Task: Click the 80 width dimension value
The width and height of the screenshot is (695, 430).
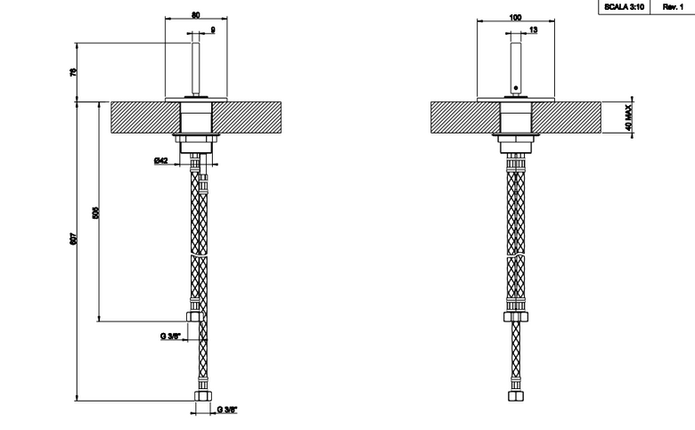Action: tap(195, 15)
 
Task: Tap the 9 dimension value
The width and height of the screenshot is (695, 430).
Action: tap(213, 29)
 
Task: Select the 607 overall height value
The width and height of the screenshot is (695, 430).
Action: tap(74, 239)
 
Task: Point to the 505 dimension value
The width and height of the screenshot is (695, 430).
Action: tap(95, 212)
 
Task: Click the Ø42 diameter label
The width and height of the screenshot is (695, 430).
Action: tap(161, 160)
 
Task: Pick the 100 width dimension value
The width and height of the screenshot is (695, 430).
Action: tap(515, 17)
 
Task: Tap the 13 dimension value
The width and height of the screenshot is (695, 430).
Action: tap(533, 29)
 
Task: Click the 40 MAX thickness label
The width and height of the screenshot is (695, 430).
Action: tap(628, 118)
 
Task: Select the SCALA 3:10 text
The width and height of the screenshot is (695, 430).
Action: tap(624, 7)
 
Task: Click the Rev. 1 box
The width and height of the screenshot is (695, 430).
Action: tap(673, 7)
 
